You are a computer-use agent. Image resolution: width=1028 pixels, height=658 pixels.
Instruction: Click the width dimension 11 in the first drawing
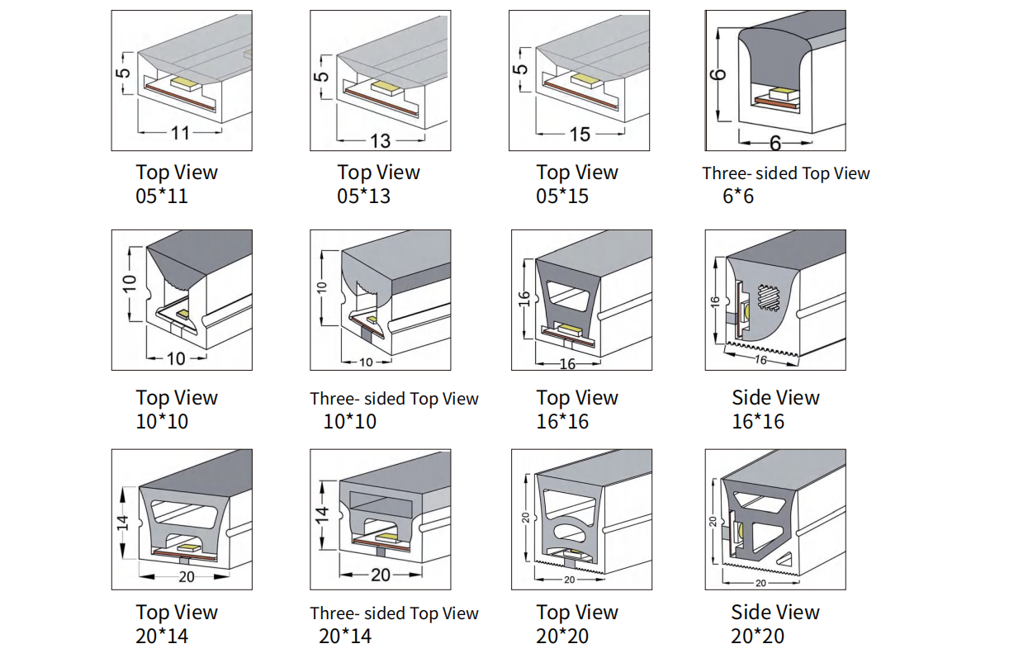(x=180, y=132)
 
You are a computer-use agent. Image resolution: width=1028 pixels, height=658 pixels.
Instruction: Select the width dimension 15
(x=580, y=134)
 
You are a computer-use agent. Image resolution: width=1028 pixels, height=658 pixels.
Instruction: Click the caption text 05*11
(x=162, y=196)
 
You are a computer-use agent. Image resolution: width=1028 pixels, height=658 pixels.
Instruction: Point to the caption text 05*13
(x=363, y=196)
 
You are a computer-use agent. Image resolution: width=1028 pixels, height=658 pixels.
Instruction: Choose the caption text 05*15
(x=562, y=196)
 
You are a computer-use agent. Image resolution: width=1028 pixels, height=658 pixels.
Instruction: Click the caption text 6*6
(x=737, y=196)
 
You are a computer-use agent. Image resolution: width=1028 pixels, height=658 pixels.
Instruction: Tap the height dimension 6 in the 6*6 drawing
(x=719, y=75)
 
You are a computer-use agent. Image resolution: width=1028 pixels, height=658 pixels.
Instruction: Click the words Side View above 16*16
(x=775, y=398)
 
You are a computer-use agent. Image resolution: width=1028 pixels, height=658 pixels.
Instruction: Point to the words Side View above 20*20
(x=775, y=613)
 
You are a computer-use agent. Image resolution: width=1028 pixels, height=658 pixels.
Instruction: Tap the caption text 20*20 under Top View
(x=562, y=636)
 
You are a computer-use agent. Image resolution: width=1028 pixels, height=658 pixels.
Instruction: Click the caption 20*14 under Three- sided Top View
(x=345, y=636)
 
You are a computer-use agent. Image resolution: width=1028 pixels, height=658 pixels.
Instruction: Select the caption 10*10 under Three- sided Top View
(x=349, y=421)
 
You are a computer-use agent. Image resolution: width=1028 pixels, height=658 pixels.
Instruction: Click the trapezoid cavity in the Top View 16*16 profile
(x=570, y=291)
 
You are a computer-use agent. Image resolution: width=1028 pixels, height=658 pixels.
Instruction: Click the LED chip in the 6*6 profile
(x=780, y=93)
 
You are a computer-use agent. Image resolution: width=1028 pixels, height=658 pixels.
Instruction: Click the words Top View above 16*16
(x=577, y=398)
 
